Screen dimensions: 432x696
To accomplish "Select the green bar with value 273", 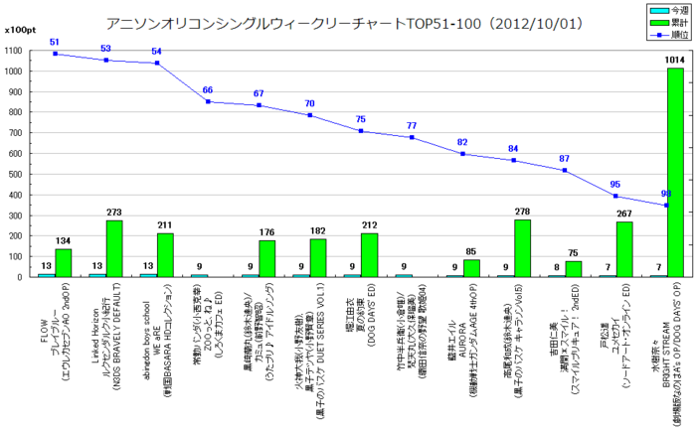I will (x=114, y=248).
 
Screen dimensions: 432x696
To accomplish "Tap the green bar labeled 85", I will (x=471, y=268).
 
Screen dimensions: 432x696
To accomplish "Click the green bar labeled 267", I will (x=623, y=249).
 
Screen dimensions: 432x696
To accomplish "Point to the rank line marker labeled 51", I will (x=55, y=54).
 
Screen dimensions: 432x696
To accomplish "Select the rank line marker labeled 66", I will (x=208, y=101).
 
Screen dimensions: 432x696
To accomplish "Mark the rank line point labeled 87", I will (x=564, y=170).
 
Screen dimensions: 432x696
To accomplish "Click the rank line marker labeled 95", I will (x=615, y=196).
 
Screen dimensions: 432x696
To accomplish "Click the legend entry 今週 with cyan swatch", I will (x=659, y=9).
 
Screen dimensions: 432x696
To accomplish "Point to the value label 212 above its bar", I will (x=369, y=225).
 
